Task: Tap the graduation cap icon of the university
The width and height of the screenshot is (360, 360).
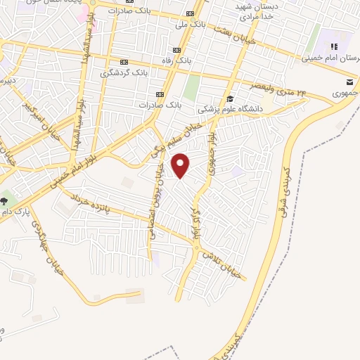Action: (231, 98)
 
